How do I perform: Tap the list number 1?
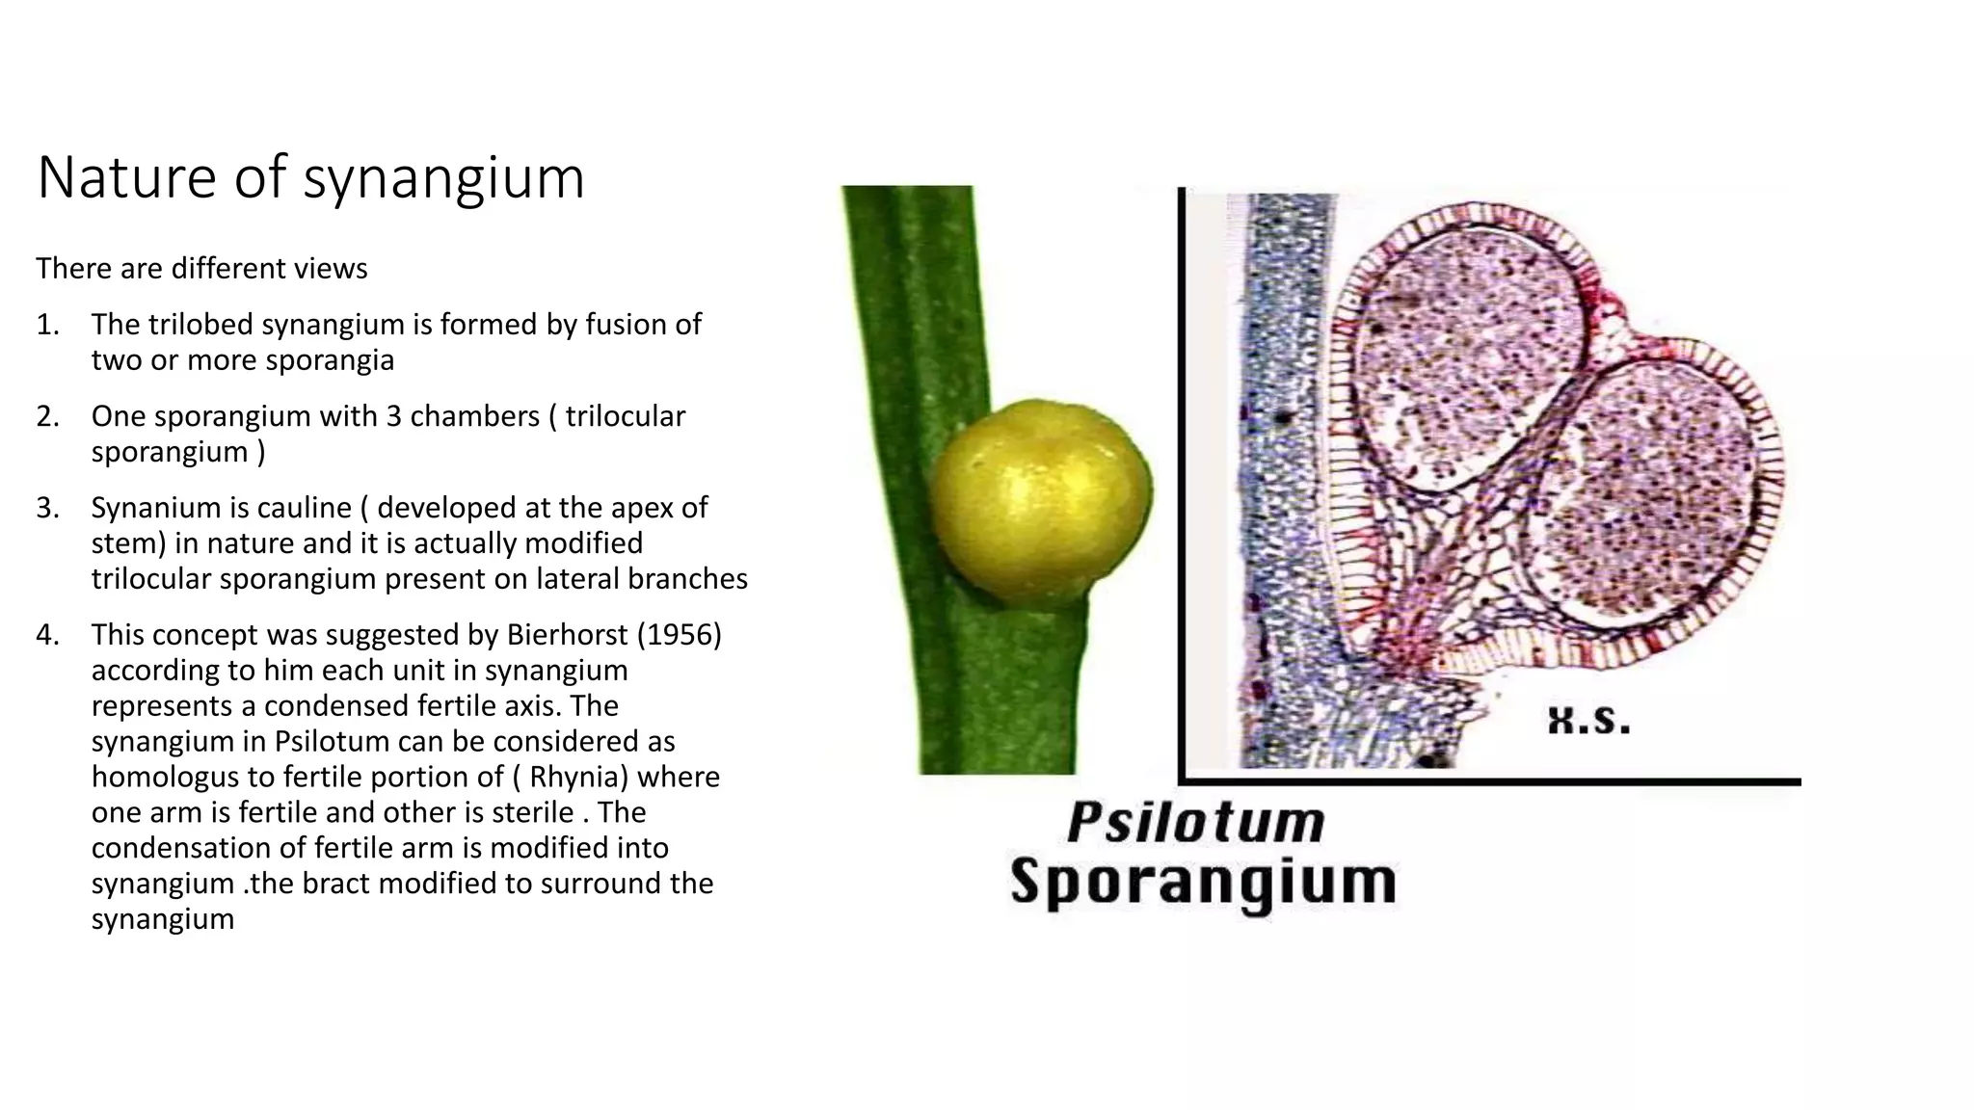pyautogui.click(x=47, y=325)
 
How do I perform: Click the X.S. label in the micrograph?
pyautogui.click(x=1587, y=720)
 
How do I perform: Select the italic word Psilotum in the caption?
pyautogui.click(x=1195, y=822)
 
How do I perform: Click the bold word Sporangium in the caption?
pyautogui.click(x=1203, y=882)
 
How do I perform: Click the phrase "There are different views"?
pyautogui.click(x=201, y=268)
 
